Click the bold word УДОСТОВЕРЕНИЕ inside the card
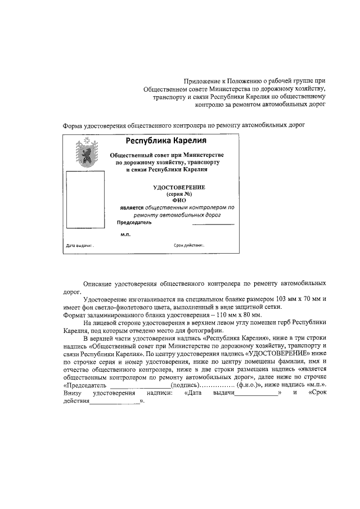point(179,187)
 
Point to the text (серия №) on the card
point(179,193)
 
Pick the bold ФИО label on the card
point(179,200)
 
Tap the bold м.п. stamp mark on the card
point(125,235)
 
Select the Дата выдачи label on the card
point(79,246)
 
